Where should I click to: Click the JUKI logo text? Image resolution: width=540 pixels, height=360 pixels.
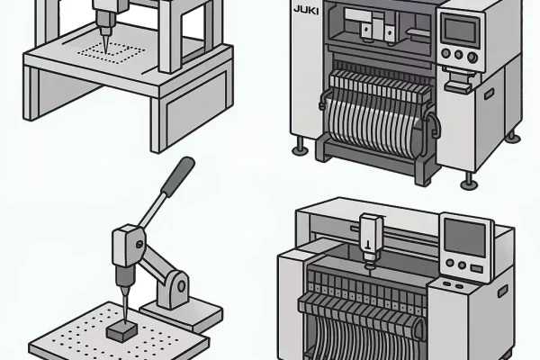coord(307,13)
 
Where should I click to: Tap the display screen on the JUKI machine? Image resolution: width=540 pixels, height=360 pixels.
coord(459,31)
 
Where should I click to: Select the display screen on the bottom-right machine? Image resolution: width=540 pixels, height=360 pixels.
coord(466,236)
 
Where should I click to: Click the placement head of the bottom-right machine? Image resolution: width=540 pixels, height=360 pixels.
coord(368,239)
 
